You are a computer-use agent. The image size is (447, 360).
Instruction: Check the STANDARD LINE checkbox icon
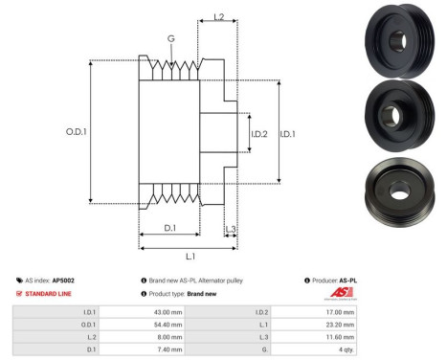pyautogui.click(x=19, y=294)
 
